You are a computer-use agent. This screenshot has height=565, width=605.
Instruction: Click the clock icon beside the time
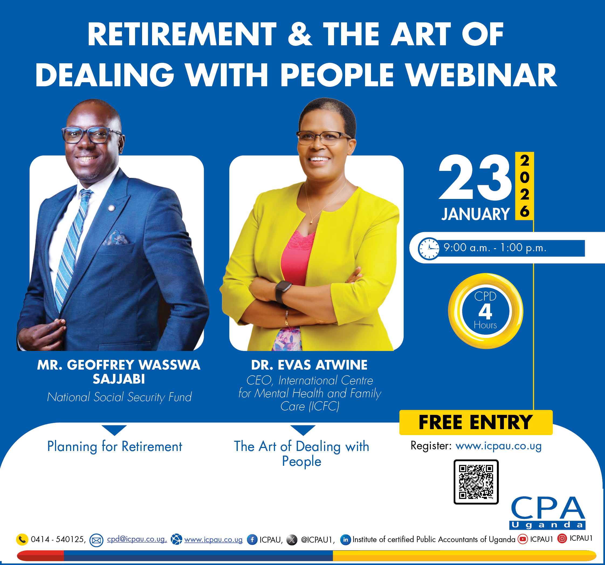(x=429, y=248)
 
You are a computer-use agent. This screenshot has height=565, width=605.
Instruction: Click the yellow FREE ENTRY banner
(x=476, y=422)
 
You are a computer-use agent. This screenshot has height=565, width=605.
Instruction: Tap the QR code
(x=476, y=482)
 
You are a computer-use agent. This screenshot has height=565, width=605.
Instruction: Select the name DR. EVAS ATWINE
(x=309, y=365)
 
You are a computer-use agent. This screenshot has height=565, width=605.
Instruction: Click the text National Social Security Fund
(x=119, y=397)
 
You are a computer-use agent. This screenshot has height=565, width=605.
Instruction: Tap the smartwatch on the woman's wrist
(x=283, y=292)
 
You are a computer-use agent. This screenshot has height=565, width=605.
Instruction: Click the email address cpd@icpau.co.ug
(x=137, y=539)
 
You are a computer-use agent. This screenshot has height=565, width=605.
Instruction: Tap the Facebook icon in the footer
(x=252, y=540)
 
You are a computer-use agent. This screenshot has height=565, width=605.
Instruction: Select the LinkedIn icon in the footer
(x=345, y=540)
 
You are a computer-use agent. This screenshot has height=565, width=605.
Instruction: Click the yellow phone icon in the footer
(x=22, y=539)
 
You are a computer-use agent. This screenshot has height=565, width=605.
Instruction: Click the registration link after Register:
(x=499, y=446)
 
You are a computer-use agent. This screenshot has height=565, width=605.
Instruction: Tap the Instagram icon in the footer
(x=562, y=539)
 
